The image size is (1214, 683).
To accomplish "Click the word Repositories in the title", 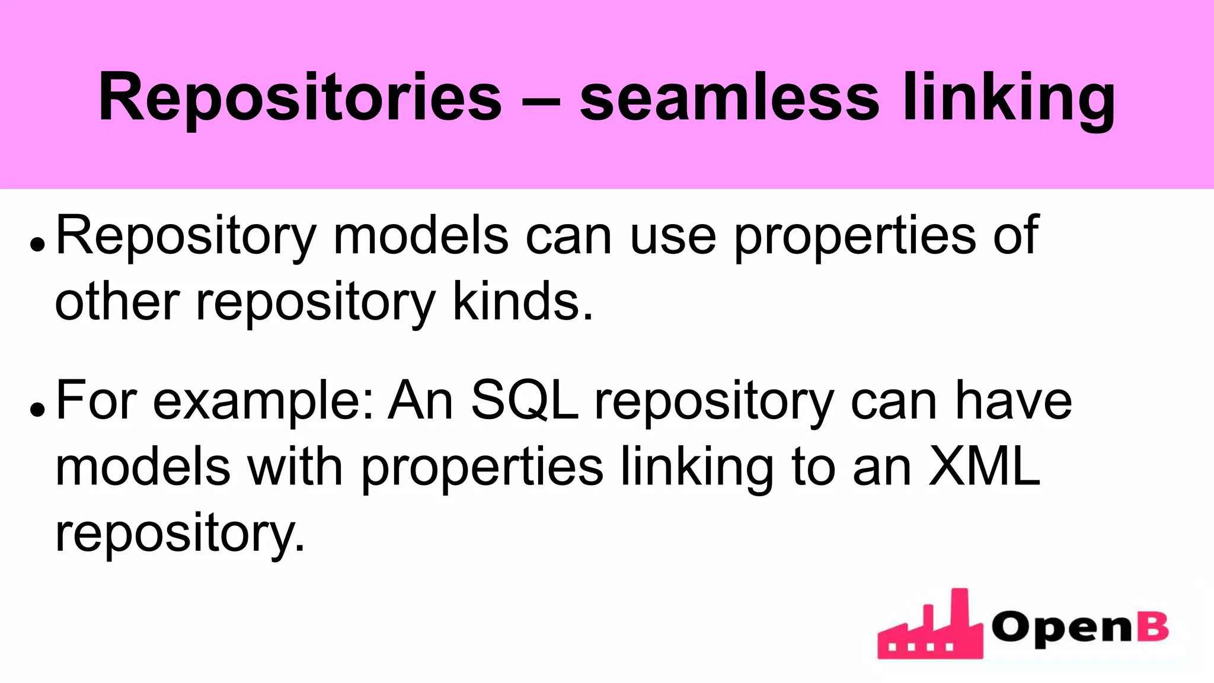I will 300,98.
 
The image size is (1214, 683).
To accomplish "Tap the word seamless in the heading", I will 729,98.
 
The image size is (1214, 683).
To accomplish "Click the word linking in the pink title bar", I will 1008,98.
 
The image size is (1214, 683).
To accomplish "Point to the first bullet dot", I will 37,244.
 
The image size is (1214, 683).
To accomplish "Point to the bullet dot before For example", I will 37,409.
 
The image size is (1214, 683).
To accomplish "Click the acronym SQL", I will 524,401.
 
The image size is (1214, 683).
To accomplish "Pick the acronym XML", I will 984,467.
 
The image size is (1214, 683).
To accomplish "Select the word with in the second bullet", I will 295,467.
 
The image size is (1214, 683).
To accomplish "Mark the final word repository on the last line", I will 179,534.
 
